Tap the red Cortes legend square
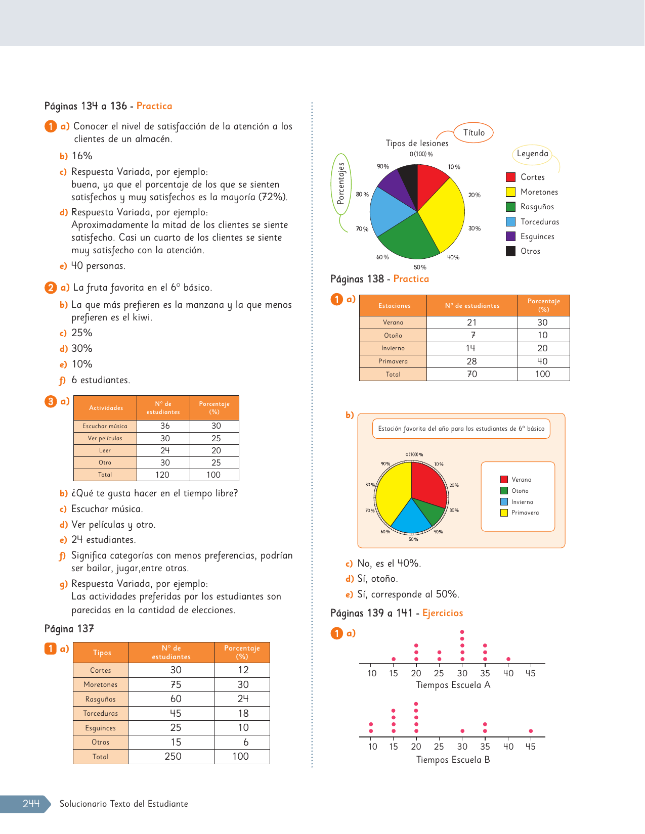coord(510,177)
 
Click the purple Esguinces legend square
coord(510,236)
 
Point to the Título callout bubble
coord(474,132)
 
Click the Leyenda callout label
coord(532,154)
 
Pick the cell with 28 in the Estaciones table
coord(471,361)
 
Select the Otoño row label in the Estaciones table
coord(393,336)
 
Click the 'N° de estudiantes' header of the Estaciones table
coord(472,306)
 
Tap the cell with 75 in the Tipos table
coord(176,684)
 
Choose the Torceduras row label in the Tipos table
coord(101,713)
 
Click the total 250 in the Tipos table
coord(173,757)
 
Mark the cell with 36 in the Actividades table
coord(165,426)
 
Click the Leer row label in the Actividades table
coord(105,450)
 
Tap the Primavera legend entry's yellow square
coord(504,513)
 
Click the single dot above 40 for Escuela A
coord(508,659)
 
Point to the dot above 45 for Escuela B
coord(530,731)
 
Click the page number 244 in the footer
coord(31,804)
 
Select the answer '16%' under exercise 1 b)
coord(82,156)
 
